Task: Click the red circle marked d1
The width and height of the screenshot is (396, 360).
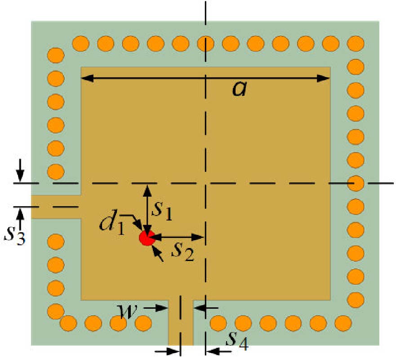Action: [x=147, y=238]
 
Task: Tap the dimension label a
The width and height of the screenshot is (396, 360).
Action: [x=240, y=89]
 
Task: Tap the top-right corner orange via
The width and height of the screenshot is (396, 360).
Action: [x=356, y=44]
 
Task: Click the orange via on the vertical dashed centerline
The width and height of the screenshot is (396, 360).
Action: [x=205, y=44]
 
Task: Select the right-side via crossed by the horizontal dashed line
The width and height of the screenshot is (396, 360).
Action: [x=356, y=184]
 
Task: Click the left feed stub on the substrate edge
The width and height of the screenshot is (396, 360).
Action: [x=56, y=207]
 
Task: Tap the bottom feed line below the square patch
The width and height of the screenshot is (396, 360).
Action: [x=181, y=323]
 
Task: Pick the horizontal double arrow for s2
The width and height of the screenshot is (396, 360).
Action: [x=177, y=237]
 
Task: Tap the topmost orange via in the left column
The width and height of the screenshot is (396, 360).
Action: [x=56, y=55]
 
